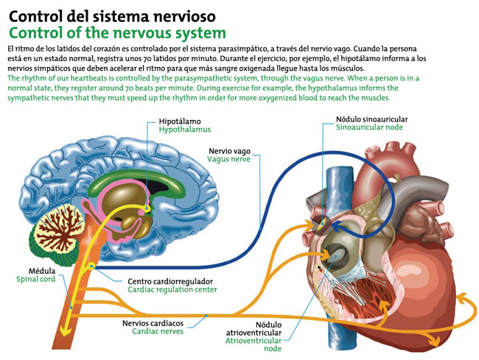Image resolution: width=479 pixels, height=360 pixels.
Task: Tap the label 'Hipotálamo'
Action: pyautogui.click(x=180, y=120)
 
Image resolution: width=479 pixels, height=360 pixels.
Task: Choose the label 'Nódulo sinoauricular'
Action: pyautogui.click(x=371, y=119)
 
